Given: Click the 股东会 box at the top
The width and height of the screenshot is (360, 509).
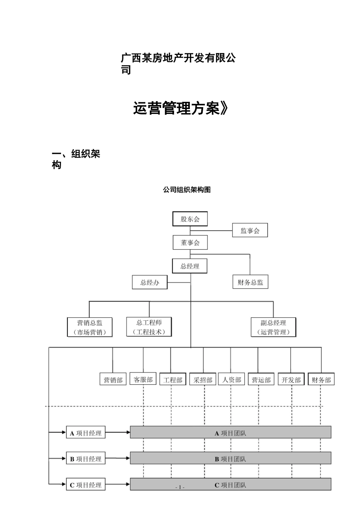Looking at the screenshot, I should pos(190,219).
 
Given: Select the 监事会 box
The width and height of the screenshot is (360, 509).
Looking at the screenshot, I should pos(250,231).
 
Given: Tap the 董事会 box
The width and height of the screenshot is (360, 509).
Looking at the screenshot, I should pos(190,243).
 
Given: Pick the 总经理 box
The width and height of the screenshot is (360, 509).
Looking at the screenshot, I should pos(190,266).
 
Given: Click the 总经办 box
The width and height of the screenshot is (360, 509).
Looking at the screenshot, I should pos(150,282).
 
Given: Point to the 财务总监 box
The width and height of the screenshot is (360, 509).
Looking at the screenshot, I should pos(250,282).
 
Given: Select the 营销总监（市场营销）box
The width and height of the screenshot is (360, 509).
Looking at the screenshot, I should pos(90,327).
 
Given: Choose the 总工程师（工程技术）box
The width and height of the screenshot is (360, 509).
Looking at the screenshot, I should pos(149,327).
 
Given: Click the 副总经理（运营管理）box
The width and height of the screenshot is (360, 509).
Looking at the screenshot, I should pos(273,327).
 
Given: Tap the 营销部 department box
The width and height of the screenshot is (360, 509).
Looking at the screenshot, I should pos(113,380).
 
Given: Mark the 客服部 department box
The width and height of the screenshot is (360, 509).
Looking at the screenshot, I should pos(143,379).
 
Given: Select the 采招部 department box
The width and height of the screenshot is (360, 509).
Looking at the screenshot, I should pos(203,380).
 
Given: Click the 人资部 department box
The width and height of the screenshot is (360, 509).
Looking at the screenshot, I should pos(232,379).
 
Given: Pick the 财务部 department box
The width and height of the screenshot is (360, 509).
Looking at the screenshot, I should pos(321,380).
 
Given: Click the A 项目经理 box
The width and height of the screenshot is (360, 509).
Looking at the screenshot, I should pos(86,433).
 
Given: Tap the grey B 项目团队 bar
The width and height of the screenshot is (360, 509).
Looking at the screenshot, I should pos(230,459).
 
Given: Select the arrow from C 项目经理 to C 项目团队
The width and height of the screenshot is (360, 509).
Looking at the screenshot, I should pos(117,484).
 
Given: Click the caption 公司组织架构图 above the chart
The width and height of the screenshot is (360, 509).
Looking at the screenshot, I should pos(186,190).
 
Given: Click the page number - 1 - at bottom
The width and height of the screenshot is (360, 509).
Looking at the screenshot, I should pos(180,487).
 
